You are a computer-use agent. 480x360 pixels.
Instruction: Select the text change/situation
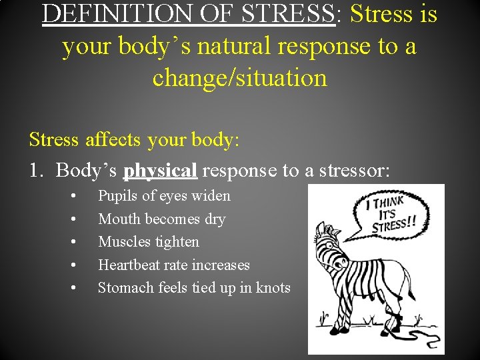pyautogui.click(x=240, y=78)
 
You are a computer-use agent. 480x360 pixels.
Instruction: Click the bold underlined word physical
pyautogui.click(x=161, y=171)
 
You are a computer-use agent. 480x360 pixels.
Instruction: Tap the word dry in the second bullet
pyautogui.click(x=215, y=219)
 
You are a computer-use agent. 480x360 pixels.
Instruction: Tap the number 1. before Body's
pyautogui.click(x=36, y=171)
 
